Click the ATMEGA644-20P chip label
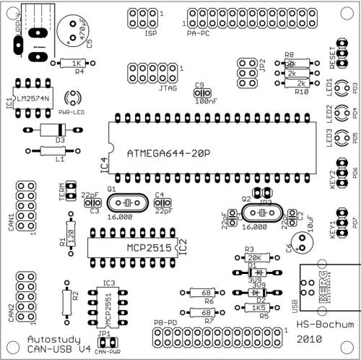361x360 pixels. [168, 153]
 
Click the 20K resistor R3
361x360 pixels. [254, 257]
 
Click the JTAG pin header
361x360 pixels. [142, 72]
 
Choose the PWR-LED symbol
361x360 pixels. [73, 99]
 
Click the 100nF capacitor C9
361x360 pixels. [202, 93]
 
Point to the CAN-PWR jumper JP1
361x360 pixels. [107, 342]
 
